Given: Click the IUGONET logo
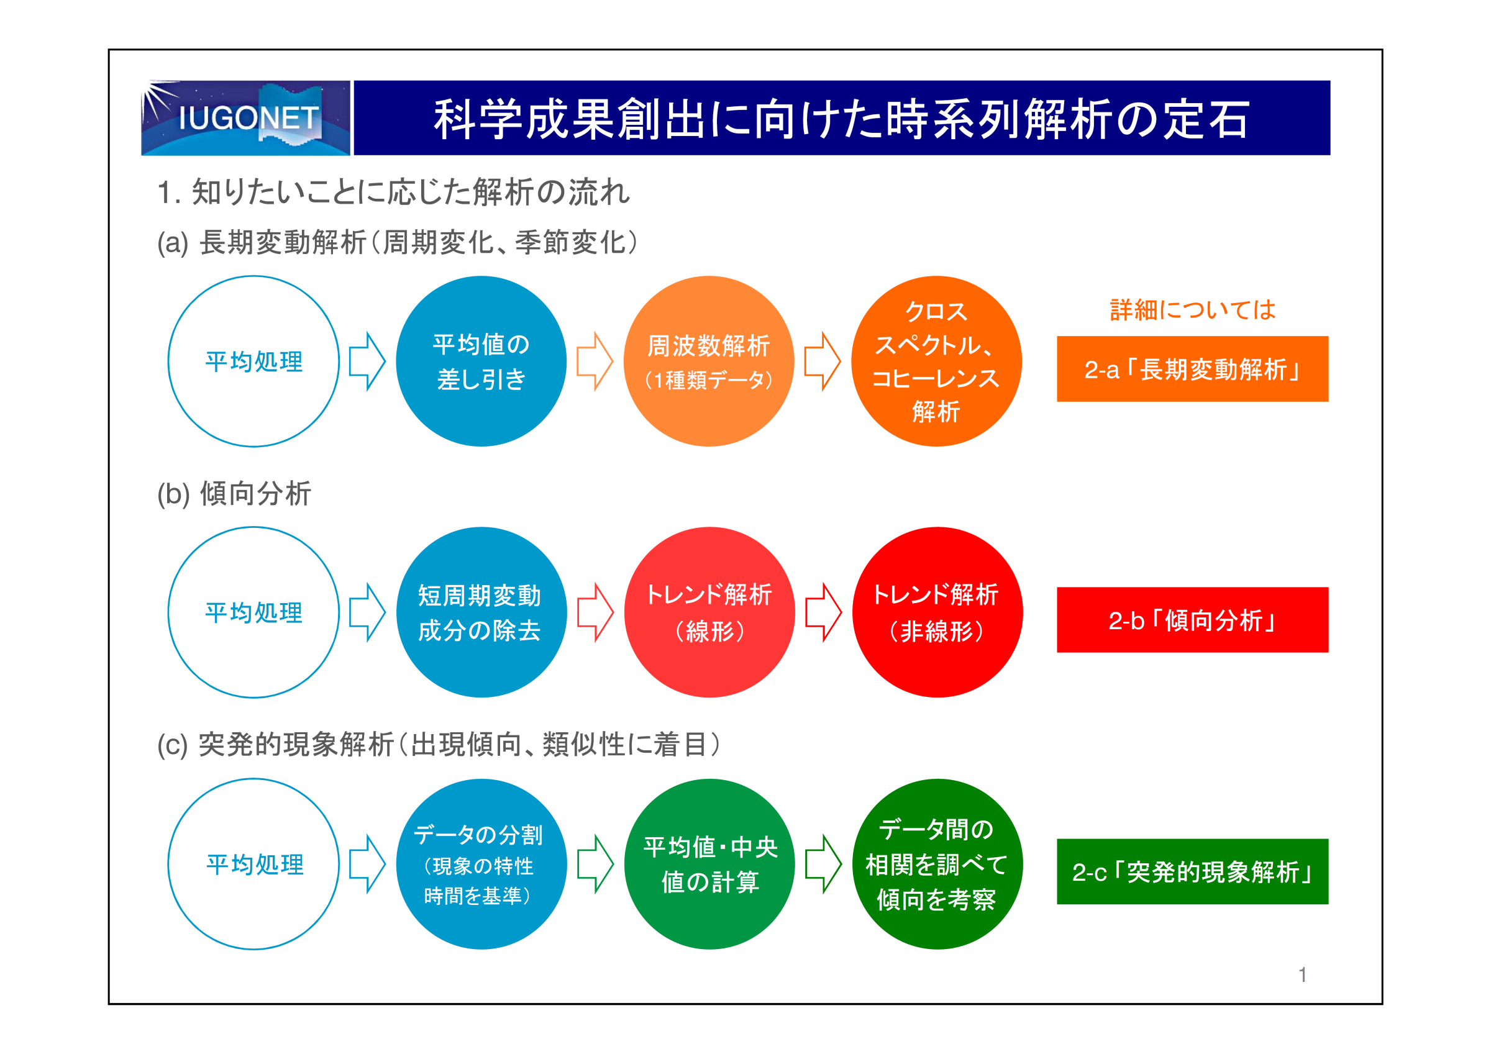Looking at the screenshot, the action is [x=245, y=117].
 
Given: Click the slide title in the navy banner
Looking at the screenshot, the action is [x=842, y=119].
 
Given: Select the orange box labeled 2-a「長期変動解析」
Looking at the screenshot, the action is [x=1192, y=369].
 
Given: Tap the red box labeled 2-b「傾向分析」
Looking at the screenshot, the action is [x=1192, y=620].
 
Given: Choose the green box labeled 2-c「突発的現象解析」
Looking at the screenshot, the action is [x=1192, y=871].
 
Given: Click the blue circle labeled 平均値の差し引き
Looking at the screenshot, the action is [x=481, y=361].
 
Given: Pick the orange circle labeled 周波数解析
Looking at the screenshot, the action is [x=709, y=361].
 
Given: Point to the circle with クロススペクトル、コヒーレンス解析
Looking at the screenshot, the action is [x=936, y=361].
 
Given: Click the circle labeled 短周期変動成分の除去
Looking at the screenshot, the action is [x=481, y=612].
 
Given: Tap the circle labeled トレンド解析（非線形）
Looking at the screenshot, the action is [x=937, y=612].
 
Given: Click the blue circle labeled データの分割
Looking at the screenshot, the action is [x=481, y=865].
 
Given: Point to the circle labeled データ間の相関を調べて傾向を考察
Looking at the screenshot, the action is [x=937, y=865].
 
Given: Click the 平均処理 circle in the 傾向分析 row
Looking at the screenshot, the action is [x=168, y=612].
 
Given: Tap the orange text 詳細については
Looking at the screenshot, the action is [x=1193, y=310].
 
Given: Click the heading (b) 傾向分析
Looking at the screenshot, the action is [x=234, y=494].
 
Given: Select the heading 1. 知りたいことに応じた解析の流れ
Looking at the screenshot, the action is [x=393, y=192].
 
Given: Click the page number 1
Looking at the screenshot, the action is [x=1302, y=974].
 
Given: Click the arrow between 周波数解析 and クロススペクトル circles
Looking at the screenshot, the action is [x=823, y=361].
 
